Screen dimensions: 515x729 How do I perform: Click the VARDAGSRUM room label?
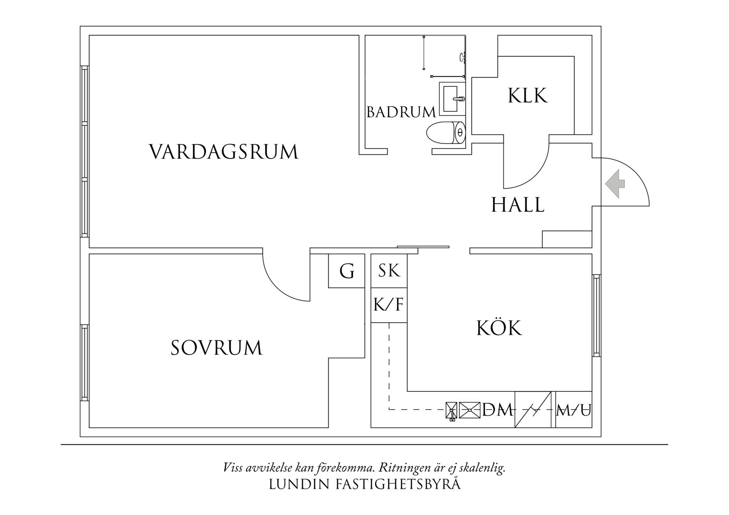[224, 152]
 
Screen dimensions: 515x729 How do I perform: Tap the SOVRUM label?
[217, 348]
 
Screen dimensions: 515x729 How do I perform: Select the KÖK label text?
[499, 328]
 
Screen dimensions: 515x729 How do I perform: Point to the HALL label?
[517, 205]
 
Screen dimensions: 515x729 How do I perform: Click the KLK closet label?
[527, 96]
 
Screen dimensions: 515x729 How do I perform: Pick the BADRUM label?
[401, 112]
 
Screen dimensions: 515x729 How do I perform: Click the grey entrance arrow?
[615, 184]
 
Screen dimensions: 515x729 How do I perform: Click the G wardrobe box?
[347, 271]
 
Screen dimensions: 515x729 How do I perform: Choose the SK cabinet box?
[389, 271]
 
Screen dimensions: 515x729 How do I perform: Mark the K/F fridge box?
[389, 305]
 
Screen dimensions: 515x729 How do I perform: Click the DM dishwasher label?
[497, 410]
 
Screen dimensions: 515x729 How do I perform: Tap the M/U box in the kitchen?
[574, 410]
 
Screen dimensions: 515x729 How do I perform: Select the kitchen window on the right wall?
[596, 315]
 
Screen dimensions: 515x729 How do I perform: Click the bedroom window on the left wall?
[85, 363]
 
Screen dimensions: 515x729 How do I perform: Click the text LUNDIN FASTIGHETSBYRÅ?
[364, 485]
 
